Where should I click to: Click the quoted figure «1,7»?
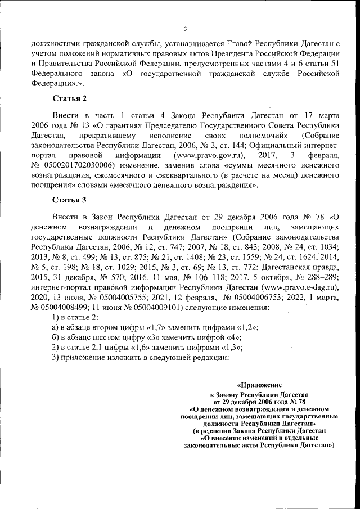(159, 328)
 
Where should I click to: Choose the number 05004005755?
(116, 298)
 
